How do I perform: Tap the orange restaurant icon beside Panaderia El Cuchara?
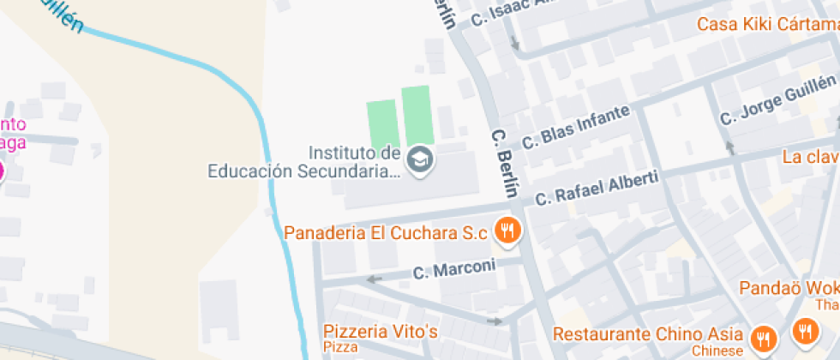(508, 231)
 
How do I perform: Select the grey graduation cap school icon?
(419, 159)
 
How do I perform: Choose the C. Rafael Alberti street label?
(597, 188)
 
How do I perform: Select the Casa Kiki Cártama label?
(768, 24)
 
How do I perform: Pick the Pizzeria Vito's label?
(381, 331)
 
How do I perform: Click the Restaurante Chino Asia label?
(648, 333)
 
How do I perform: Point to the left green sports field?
(382, 123)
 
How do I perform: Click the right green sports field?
(416, 115)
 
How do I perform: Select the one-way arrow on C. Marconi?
(374, 279)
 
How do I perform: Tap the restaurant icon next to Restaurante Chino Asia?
(762, 339)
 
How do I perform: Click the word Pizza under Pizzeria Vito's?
(340, 348)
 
